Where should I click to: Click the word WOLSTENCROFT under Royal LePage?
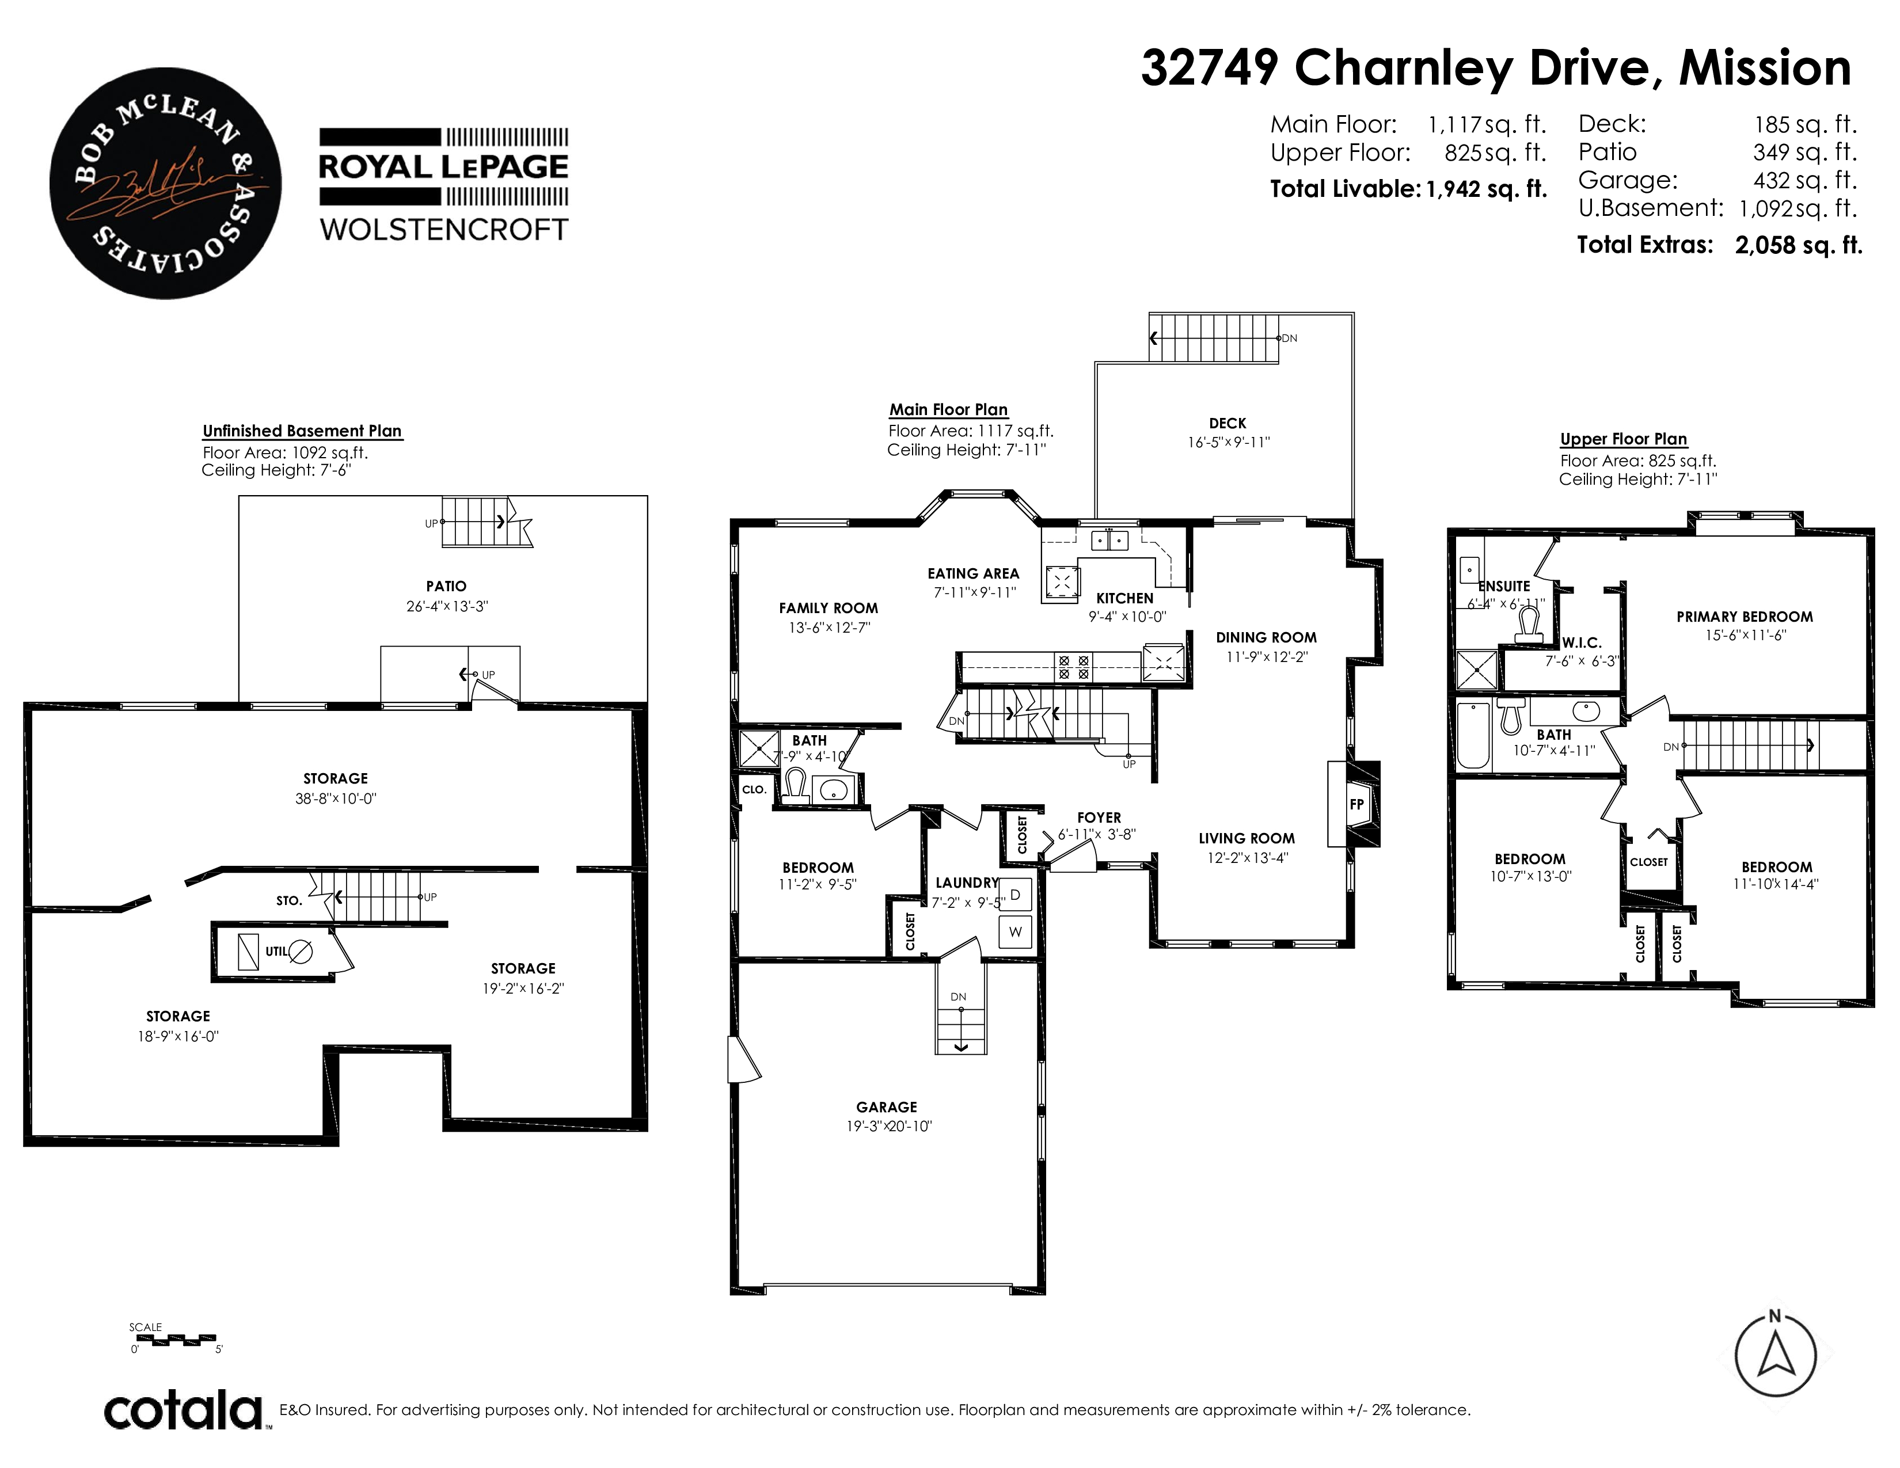tap(444, 230)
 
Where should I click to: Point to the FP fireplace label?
tap(1356, 804)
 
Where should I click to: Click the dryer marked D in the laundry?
tap(1014, 894)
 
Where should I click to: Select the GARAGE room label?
tap(887, 1107)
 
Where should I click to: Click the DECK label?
tap(1228, 424)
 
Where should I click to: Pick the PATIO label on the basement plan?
tap(446, 586)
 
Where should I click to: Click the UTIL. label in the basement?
tap(276, 952)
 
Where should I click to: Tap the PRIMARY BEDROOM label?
tap(1745, 617)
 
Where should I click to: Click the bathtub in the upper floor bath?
tap(1473, 736)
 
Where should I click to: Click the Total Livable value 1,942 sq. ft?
tap(1487, 189)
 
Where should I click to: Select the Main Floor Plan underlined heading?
tap(948, 410)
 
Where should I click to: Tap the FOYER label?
tap(1099, 817)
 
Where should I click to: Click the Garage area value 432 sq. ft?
tap(1805, 181)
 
